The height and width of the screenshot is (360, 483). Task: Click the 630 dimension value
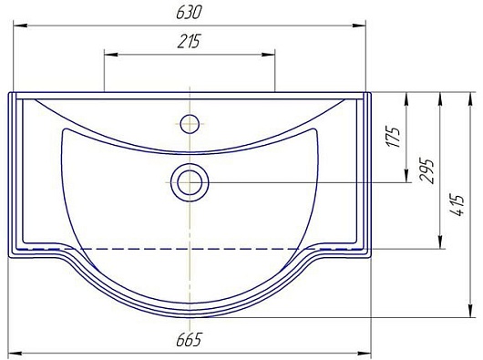189,13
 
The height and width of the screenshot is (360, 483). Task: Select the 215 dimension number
189,41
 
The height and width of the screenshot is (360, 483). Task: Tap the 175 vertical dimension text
395,137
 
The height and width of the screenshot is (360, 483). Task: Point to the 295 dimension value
426,171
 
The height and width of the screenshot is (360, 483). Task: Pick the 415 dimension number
457,205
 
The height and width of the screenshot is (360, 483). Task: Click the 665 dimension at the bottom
189,340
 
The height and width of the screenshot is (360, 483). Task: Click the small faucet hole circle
190,124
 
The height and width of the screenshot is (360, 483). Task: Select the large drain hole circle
190,182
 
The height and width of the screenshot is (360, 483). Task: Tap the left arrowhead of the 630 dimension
20,26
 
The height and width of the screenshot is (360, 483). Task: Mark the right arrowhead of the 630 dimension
358,26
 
